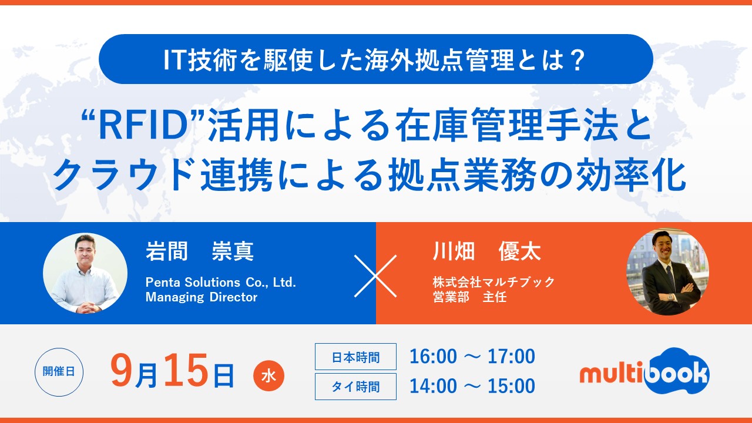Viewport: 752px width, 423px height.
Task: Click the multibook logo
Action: click(644, 371)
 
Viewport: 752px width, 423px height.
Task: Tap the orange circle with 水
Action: click(268, 375)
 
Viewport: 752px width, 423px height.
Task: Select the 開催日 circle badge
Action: click(59, 372)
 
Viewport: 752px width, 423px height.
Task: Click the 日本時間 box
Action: click(355, 357)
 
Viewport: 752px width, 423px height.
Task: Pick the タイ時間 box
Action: click(355, 387)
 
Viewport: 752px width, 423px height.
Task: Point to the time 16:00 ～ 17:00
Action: click(472, 356)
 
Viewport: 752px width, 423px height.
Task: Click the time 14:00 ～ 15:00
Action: click(472, 386)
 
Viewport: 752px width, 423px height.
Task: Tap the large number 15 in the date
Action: click(186, 370)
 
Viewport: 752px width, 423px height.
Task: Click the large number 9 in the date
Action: click(122, 370)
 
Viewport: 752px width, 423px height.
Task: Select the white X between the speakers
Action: click(375, 276)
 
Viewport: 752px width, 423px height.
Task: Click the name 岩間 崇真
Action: click(200, 251)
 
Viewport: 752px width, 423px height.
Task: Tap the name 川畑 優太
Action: click(487, 251)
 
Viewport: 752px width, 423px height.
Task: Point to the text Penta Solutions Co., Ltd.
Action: click(220, 283)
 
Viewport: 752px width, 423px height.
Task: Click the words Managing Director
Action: click(202, 297)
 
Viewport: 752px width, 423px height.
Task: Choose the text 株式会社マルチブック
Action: click(493, 282)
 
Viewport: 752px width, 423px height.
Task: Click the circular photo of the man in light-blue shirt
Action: click(85, 273)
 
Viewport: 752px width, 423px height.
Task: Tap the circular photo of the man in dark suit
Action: click(668, 272)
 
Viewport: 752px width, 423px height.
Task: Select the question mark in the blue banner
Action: click(578, 60)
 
